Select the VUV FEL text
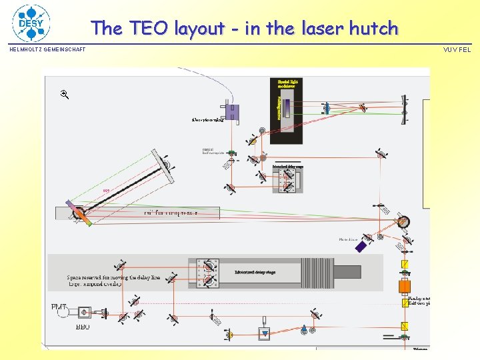tap(457, 49)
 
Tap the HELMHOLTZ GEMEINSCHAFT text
tap(47, 49)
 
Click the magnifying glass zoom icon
tap(65, 95)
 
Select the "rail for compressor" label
tap(171, 213)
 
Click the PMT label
tap(59, 307)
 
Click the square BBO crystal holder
tap(85, 312)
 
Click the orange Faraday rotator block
tap(405, 287)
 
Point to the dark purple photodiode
tap(361, 247)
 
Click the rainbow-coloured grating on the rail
tap(78, 213)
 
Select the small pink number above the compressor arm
tap(106, 191)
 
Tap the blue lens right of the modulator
tap(327, 108)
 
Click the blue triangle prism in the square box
tap(265, 333)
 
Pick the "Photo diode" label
tap(348, 239)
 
